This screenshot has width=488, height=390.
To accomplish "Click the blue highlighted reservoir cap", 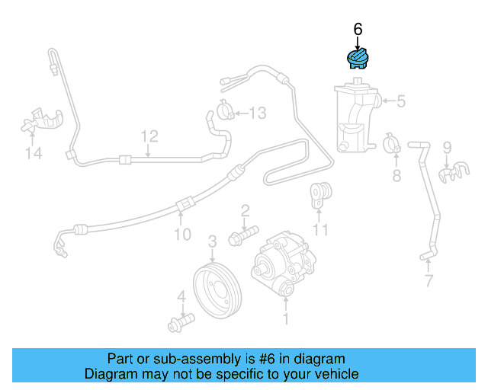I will tap(358, 59).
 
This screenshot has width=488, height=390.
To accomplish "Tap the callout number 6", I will tap(358, 29).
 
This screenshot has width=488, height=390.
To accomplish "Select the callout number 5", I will tap(400, 100).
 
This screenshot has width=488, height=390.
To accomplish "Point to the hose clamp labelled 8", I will tap(392, 142).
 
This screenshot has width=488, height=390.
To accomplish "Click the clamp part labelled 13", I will tap(226, 111).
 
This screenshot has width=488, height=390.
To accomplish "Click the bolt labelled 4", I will tap(179, 322).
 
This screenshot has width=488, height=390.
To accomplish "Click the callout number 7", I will tap(429, 282).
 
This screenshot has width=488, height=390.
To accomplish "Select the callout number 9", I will tap(448, 147).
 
